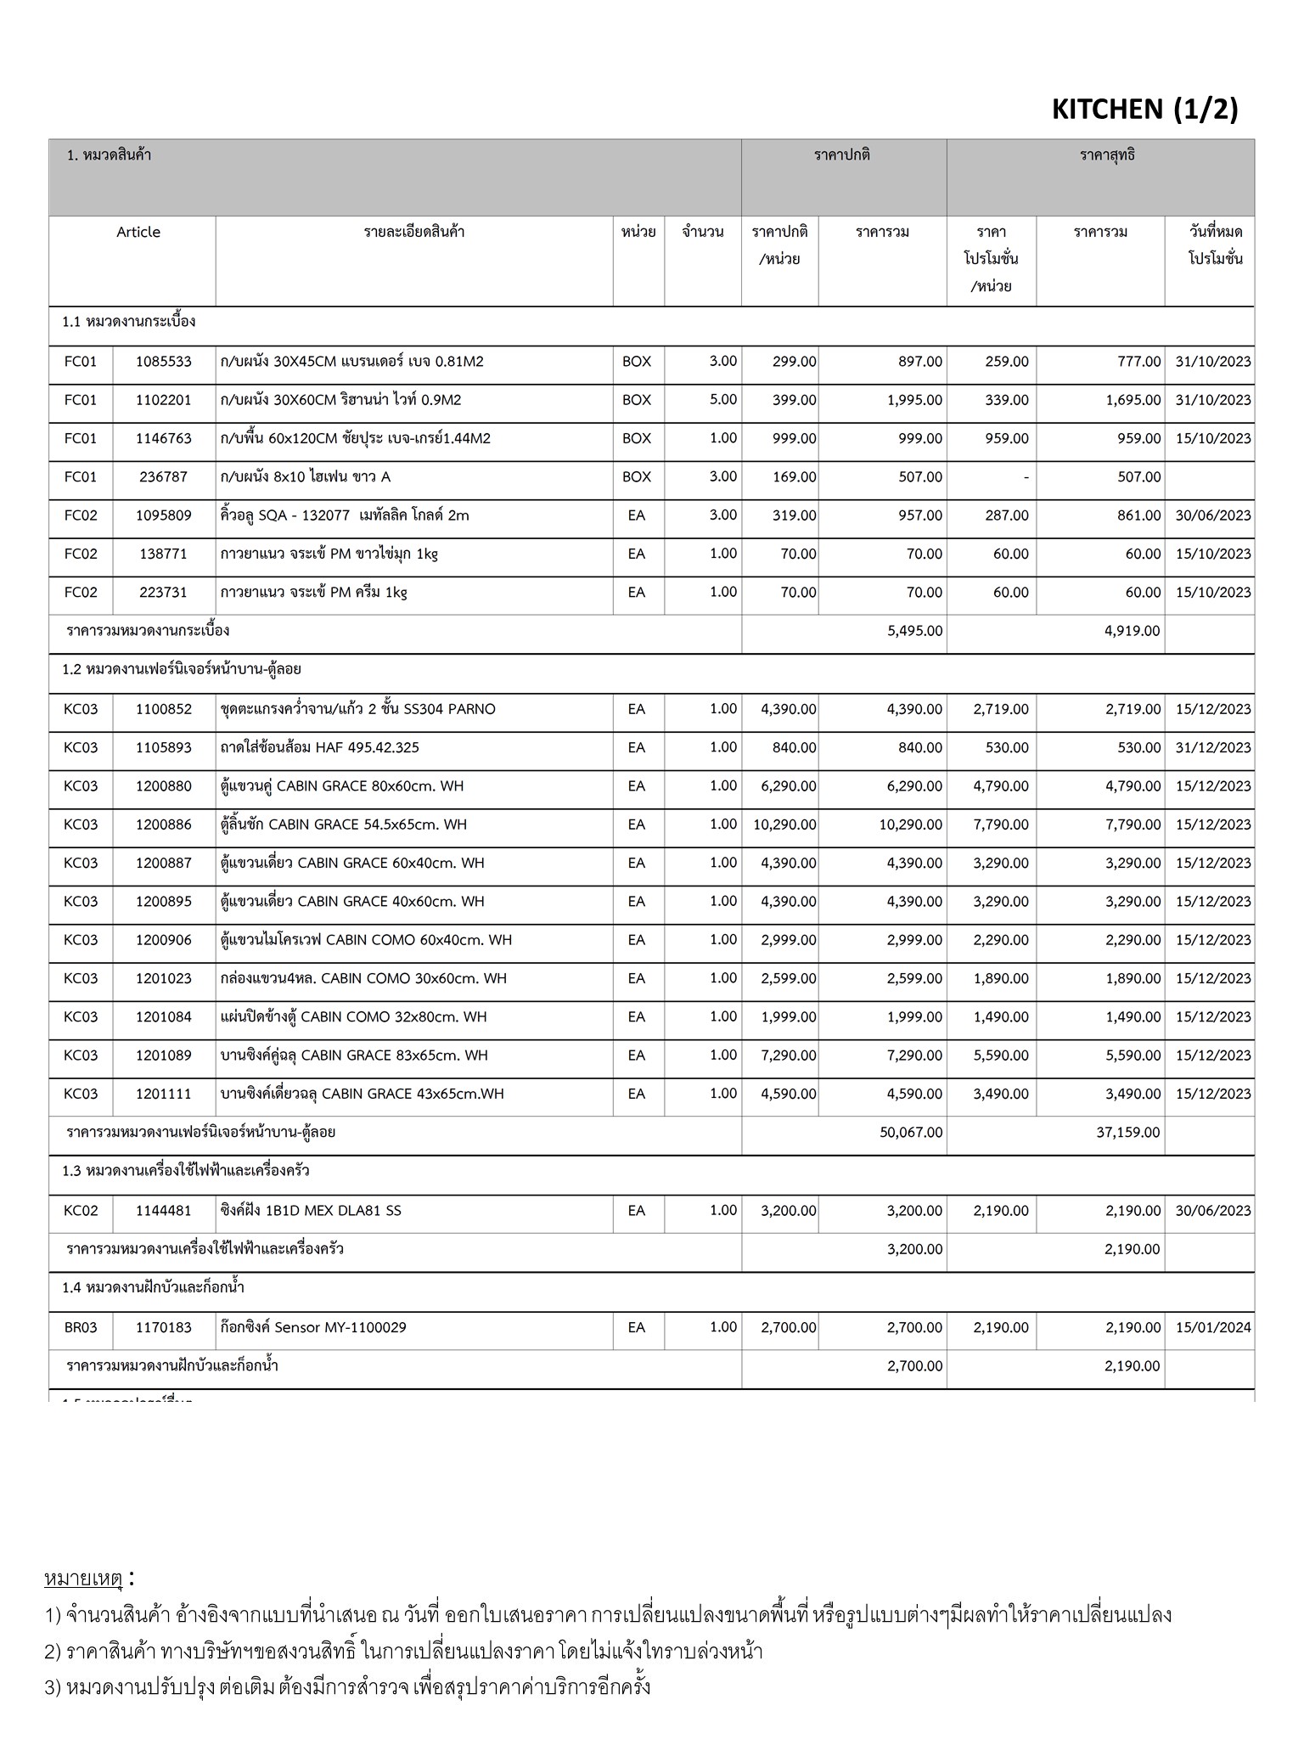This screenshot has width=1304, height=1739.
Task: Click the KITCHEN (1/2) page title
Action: [1144, 109]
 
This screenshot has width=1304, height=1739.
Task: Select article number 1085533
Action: [164, 362]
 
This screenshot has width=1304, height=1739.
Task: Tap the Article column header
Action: [138, 232]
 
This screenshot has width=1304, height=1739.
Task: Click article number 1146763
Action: [164, 438]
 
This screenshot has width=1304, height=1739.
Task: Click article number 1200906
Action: [164, 940]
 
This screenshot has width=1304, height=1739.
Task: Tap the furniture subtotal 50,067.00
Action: [911, 1132]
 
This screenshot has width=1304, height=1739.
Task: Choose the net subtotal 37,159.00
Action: [1128, 1132]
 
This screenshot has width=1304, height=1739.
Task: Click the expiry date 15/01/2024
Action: [1213, 1327]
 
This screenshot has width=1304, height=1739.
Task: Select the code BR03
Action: [81, 1327]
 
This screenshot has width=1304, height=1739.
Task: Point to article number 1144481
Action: [164, 1211]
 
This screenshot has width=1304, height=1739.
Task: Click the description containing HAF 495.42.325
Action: [319, 748]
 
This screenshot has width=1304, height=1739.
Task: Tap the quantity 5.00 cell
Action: [722, 400]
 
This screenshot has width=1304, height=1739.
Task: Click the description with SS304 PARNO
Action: [357, 709]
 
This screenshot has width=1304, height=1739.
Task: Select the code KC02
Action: [81, 1211]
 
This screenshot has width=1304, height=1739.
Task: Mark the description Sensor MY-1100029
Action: [313, 1327]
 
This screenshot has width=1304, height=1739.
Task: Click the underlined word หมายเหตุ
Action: [84, 1579]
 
